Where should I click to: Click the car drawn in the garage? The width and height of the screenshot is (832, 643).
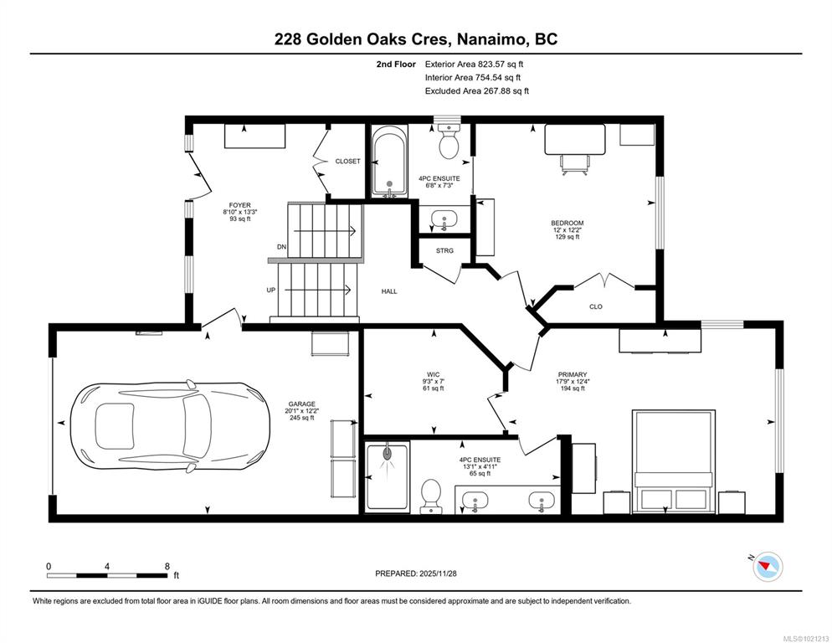click(x=170, y=423)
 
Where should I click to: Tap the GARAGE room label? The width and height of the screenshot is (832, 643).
click(x=301, y=404)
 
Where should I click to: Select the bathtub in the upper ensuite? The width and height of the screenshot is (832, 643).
click(x=389, y=161)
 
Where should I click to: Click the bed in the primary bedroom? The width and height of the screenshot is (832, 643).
click(x=674, y=460)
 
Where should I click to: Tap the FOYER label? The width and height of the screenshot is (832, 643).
click(x=240, y=205)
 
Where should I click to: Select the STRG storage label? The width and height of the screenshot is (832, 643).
click(x=444, y=250)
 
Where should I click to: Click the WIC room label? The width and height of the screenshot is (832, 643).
click(x=433, y=375)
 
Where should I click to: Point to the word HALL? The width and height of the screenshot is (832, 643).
click(x=389, y=291)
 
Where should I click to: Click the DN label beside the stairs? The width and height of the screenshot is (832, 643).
click(x=282, y=247)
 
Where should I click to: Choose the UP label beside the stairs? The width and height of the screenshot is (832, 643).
click(x=271, y=291)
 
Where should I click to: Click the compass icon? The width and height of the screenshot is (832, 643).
click(x=768, y=567)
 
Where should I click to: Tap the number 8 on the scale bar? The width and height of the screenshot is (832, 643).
click(x=167, y=567)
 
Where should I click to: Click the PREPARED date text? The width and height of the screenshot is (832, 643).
click(x=415, y=574)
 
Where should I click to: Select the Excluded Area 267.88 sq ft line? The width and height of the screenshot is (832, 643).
click(x=476, y=90)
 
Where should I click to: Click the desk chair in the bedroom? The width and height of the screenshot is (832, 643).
click(x=575, y=164)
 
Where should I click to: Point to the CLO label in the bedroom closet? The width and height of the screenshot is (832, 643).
click(x=596, y=307)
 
